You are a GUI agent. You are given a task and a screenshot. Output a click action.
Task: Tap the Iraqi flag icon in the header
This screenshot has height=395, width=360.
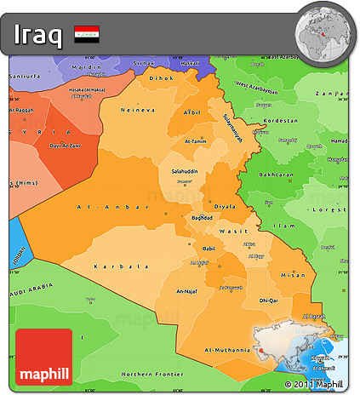(86, 35)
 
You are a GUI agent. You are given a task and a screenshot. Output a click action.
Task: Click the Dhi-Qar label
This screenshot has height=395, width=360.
(268, 301)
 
